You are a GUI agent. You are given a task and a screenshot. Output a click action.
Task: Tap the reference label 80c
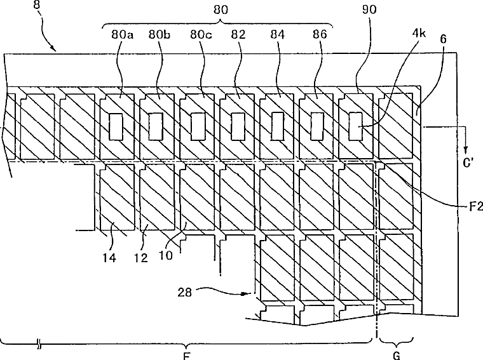(x=200, y=34)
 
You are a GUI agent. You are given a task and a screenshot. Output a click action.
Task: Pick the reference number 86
(x=320, y=34)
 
